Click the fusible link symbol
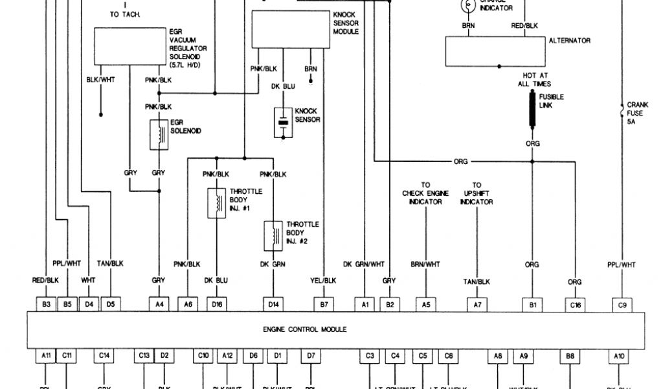click(x=533, y=112)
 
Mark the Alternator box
click(x=494, y=51)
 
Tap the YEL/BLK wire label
click(x=322, y=281)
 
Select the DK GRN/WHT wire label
click(x=364, y=264)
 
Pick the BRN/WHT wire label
click(x=425, y=264)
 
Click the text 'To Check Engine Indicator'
click(x=425, y=193)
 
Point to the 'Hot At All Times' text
click(x=535, y=79)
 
